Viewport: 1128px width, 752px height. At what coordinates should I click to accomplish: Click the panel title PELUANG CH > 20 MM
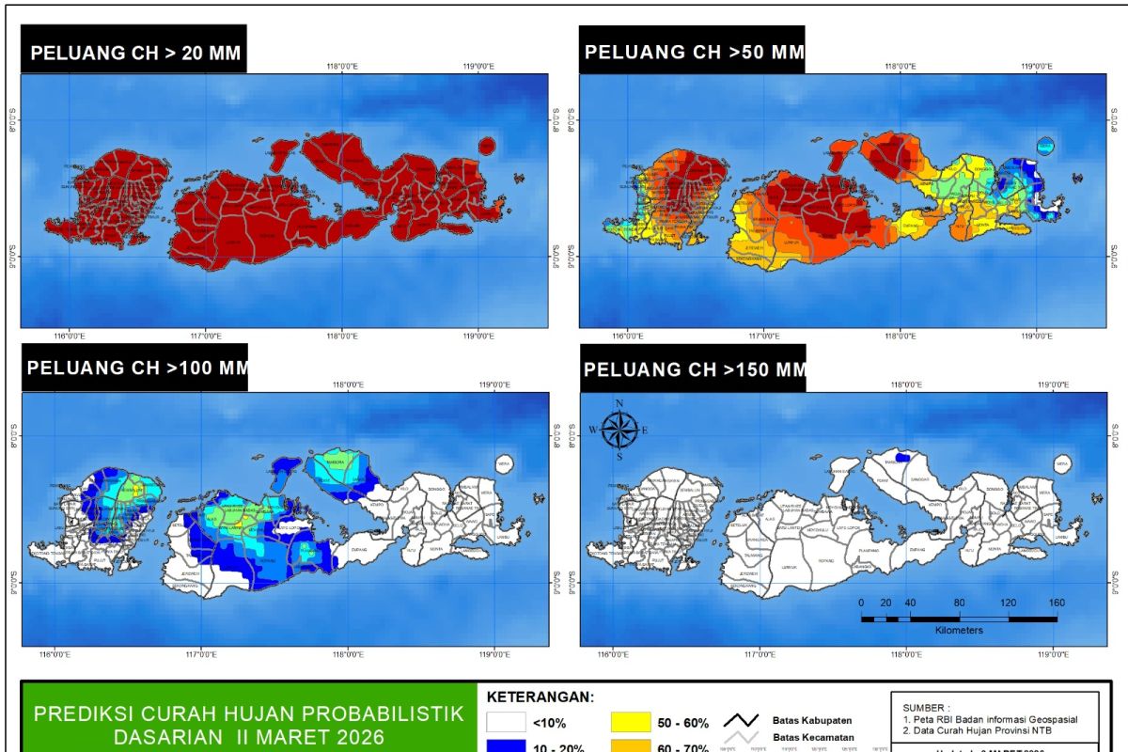click(x=133, y=53)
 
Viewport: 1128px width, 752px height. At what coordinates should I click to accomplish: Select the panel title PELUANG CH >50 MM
click(x=694, y=52)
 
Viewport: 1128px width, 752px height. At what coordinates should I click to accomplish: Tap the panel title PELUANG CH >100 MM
click(x=137, y=368)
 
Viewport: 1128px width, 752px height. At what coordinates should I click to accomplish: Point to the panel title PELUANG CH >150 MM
click(x=694, y=369)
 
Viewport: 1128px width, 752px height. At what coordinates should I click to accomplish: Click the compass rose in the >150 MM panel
click(x=619, y=429)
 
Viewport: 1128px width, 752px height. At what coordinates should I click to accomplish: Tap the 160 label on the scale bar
click(x=1057, y=603)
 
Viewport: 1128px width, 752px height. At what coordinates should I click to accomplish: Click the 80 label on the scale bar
click(x=959, y=603)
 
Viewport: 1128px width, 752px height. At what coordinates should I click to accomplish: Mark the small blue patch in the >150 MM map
click(x=902, y=457)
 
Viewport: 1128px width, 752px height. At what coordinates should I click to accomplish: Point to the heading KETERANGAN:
click(x=540, y=697)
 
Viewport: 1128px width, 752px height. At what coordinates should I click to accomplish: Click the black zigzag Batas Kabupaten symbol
click(x=742, y=721)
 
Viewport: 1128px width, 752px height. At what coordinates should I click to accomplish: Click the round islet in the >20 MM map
click(x=486, y=145)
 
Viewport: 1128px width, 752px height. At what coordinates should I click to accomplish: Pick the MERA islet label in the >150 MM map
click(x=1061, y=463)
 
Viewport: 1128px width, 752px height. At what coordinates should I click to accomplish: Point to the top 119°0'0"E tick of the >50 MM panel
click(x=1036, y=67)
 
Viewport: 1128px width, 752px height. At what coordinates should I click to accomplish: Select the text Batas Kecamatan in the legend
click(x=813, y=738)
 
